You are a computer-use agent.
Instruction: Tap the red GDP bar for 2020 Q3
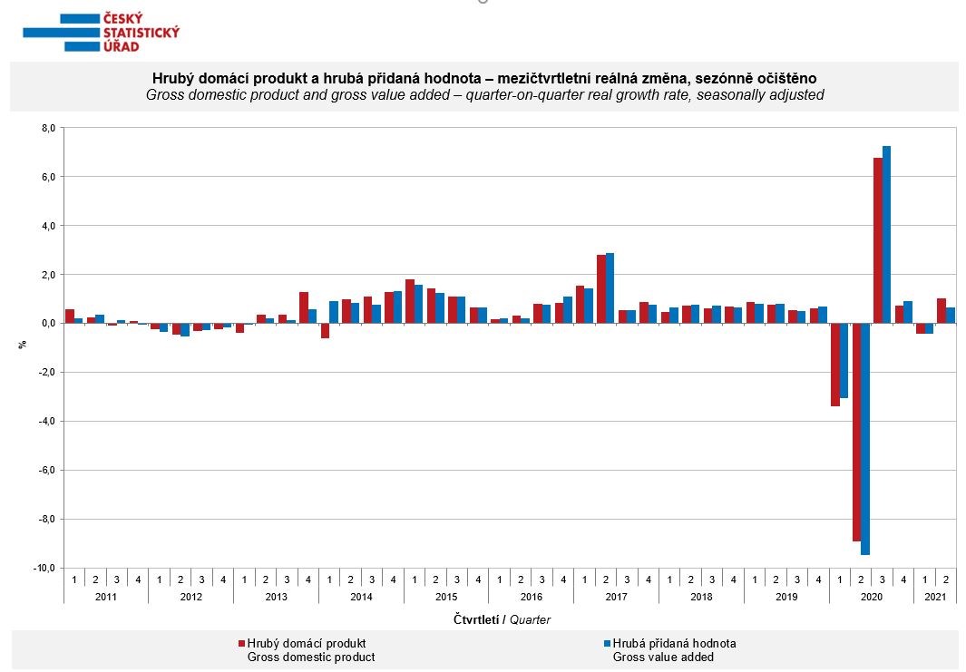click(x=878, y=240)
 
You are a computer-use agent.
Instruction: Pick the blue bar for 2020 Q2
click(x=865, y=439)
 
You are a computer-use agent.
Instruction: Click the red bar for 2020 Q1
click(x=834, y=365)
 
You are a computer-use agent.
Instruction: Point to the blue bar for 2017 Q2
click(x=610, y=288)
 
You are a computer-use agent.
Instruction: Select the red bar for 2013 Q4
click(x=304, y=307)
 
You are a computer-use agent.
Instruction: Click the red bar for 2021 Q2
click(x=942, y=311)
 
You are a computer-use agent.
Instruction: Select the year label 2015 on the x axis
click(x=446, y=597)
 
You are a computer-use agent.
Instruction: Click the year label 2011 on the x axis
click(x=106, y=597)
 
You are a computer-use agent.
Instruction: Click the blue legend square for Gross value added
click(x=607, y=644)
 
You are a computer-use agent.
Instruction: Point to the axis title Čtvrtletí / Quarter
click(x=502, y=619)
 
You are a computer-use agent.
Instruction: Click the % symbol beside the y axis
click(x=23, y=345)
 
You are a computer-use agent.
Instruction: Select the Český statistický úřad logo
click(x=101, y=32)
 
